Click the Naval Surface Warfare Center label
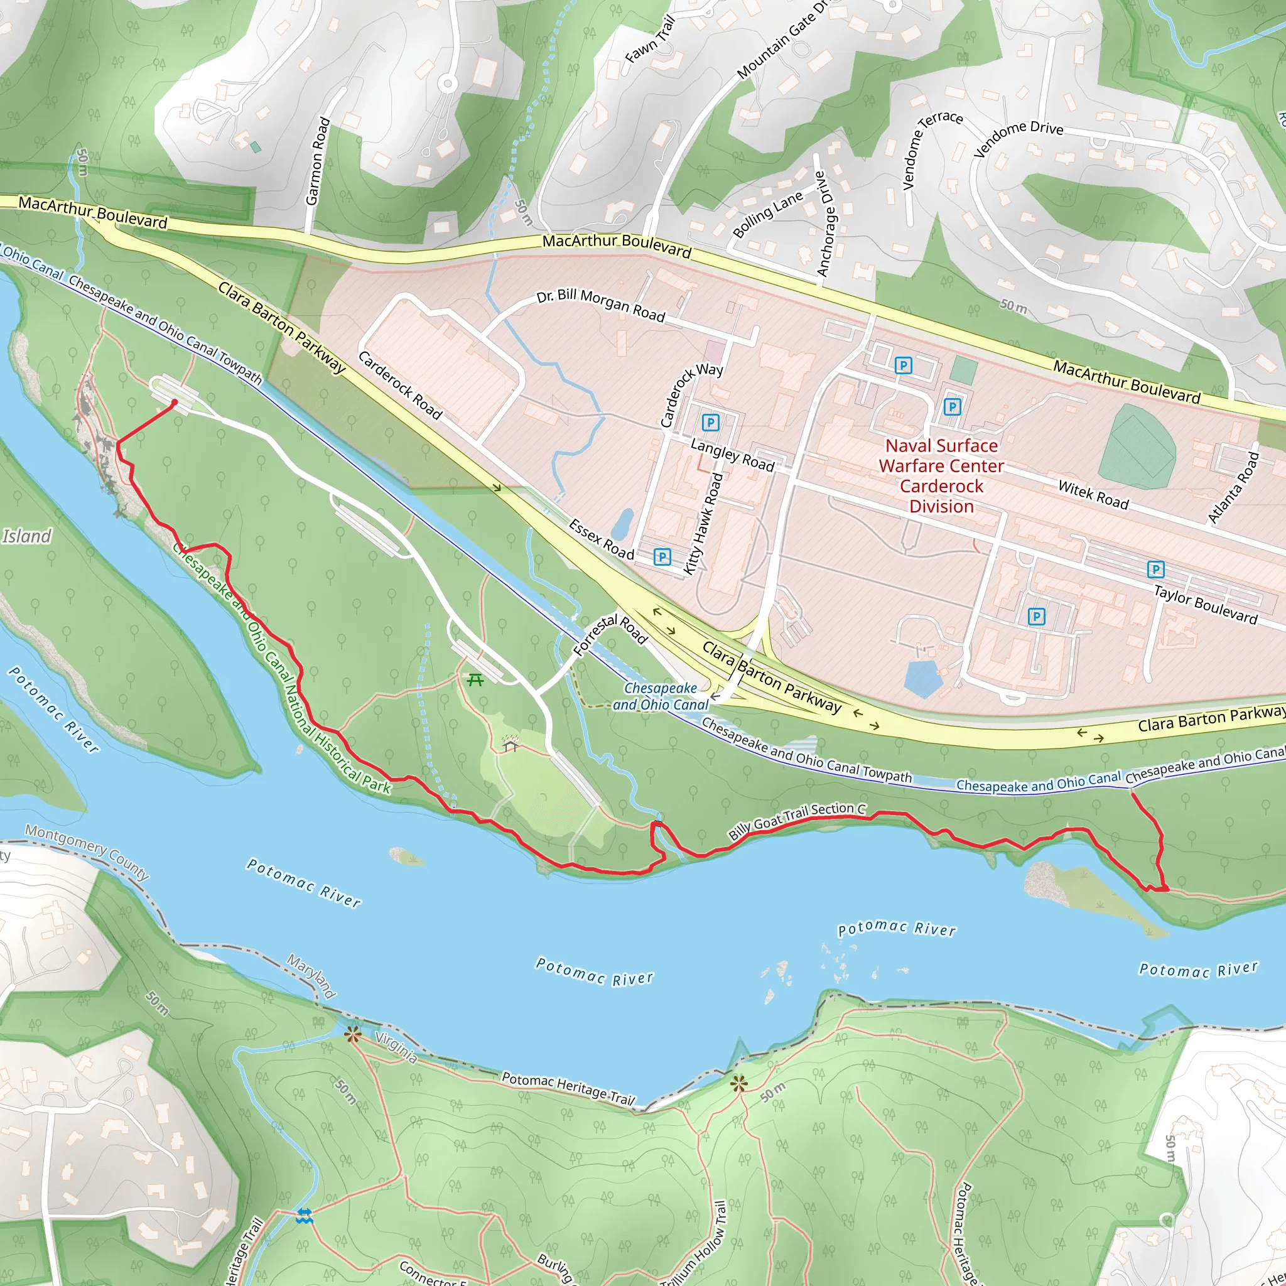pos(941,475)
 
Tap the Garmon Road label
pos(318,161)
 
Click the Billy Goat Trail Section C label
pos(797,821)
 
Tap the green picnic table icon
pos(475,679)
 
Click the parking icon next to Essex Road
pos(662,556)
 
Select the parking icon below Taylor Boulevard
pos(1035,617)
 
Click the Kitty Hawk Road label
pos(703,523)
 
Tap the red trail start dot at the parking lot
pos(175,402)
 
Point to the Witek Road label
pos(1093,495)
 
